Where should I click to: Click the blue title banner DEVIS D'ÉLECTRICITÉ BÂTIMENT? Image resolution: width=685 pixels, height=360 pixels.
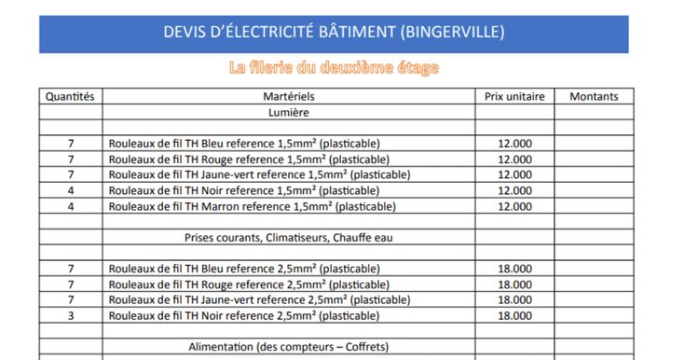click(x=333, y=33)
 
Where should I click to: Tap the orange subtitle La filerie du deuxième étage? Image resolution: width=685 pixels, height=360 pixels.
click(x=333, y=68)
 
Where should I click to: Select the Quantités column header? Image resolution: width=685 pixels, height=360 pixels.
click(x=70, y=96)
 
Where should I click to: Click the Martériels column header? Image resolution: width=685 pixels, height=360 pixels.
click(x=289, y=96)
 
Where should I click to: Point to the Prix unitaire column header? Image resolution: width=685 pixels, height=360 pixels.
click(x=514, y=96)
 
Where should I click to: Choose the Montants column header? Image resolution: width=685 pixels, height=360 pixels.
click(x=594, y=96)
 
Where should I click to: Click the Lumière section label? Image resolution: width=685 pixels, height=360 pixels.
click(x=289, y=112)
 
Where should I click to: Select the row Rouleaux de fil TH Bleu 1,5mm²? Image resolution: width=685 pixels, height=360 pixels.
click(x=244, y=144)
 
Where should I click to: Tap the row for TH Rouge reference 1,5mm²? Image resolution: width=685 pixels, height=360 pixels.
click(x=247, y=159)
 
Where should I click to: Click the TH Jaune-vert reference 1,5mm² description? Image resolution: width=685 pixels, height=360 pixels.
click(x=259, y=174)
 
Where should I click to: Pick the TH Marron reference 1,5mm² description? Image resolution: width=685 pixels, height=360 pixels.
click(x=252, y=206)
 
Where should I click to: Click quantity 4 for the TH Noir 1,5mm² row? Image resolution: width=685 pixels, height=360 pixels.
click(x=71, y=190)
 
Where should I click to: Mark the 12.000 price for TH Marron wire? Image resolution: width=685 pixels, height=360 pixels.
click(x=514, y=206)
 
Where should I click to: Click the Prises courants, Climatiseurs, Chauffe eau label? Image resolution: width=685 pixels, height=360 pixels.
click(x=289, y=238)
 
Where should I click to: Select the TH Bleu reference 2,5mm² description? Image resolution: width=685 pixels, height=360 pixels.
click(x=244, y=269)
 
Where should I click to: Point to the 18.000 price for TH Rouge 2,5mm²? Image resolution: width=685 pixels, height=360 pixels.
click(x=514, y=284)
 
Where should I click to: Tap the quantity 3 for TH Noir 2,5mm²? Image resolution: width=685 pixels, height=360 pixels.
click(x=71, y=315)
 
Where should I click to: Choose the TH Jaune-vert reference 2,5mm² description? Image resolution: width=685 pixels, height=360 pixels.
click(x=259, y=300)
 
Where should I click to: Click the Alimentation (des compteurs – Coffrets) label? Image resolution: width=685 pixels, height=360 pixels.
click(x=289, y=347)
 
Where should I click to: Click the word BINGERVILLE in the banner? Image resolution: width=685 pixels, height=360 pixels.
click(x=453, y=33)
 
